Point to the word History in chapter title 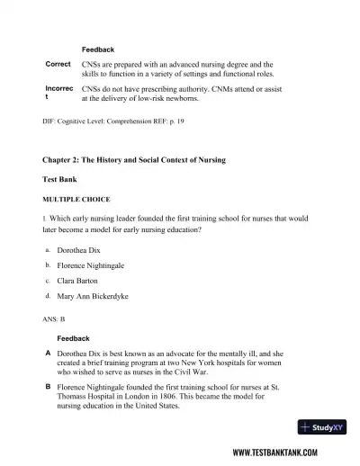(124, 159)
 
